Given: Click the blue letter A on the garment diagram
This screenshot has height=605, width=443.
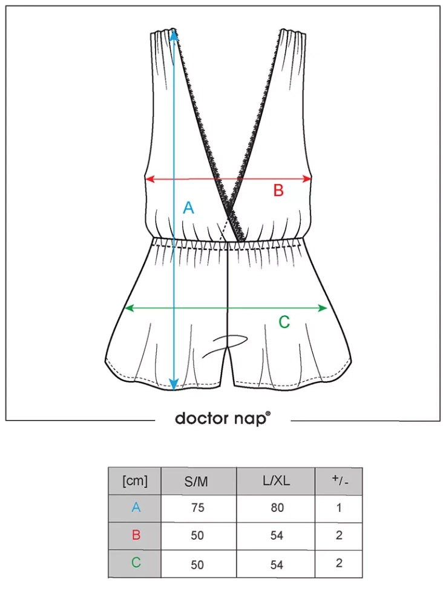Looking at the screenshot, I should pyautogui.click(x=188, y=208).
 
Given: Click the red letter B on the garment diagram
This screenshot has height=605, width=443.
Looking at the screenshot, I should pyautogui.click(x=278, y=191).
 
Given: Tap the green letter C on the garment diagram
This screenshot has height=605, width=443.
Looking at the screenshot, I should pyautogui.click(x=284, y=322).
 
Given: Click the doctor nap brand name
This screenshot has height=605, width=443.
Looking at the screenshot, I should pyautogui.click(x=223, y=418).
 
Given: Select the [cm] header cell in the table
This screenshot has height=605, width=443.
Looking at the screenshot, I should pyautogui.click(x=135, y=482).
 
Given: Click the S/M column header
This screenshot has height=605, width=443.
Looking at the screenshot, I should pyautogui.click(x=197, y=482).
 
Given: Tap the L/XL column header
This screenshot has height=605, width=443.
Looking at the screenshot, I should pyautogui.click(x=276, y=482).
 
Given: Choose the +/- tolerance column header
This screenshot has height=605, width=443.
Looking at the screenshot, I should pyautogui.click(x=339, y=482).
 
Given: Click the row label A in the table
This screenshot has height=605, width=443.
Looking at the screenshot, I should pyautogui.click(x=136, y=508).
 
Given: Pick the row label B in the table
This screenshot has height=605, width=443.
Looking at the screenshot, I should pyautogui.click(x=136, y=535).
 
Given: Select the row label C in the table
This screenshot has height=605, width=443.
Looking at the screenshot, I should pyautogui.click(x=136, y=563).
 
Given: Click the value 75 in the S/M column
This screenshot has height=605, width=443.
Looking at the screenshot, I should pyautogui.click(x=197, y=508).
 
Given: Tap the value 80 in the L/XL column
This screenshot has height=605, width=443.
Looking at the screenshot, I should pyautogui.click(x=277, y=508).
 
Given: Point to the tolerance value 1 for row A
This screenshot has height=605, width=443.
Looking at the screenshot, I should pyautogui.click(x=339, y=508).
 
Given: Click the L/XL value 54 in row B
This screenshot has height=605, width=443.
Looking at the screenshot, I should pyautogui.click(x=277, y=536).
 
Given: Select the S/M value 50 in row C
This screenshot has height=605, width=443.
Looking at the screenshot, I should pyautogui.click(x=197, y=564).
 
